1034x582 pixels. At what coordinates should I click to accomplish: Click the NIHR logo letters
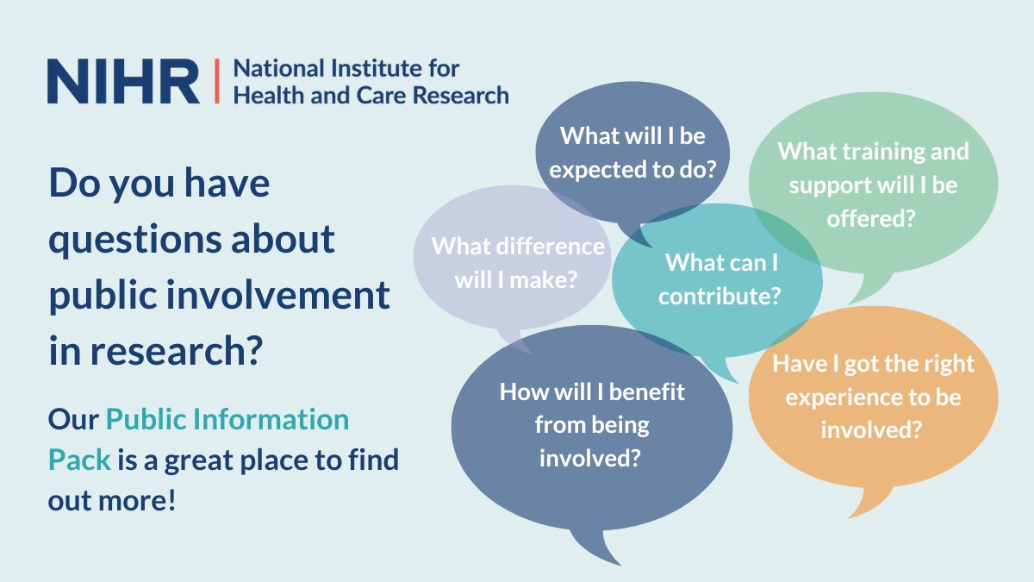[x=123, y=82]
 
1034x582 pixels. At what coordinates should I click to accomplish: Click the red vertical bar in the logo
[x=215, y=82]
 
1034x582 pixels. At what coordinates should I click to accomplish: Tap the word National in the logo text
[x=274, y=69]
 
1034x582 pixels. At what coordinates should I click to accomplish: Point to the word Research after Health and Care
[x=458, y=96]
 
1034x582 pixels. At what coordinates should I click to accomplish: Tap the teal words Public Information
[x=227, y=420]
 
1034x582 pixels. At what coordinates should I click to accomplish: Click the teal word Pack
[x=79, y=460]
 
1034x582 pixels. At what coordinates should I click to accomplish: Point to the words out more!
[x=112, y=500]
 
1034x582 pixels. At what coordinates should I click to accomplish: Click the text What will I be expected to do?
[x=632, y=153]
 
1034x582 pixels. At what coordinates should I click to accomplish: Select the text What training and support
[x=873, y=168]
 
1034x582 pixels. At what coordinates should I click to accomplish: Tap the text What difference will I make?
[x=518, y=262]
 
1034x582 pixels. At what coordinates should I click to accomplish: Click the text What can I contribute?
[x=719, y=278]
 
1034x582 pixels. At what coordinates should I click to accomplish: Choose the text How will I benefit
[x=592, y=392]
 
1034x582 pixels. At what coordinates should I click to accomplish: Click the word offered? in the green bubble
[x=871, y=218]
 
